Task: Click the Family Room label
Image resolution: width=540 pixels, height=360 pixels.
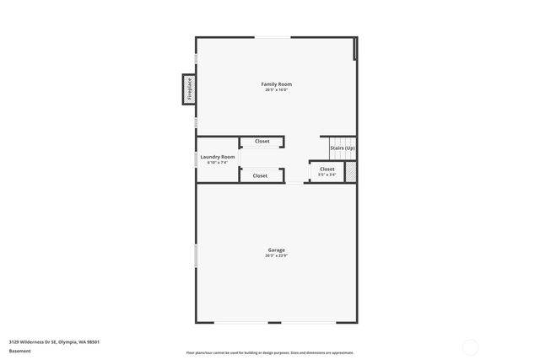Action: coord(277,84)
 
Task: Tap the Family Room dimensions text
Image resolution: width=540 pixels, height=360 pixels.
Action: coord(277,90)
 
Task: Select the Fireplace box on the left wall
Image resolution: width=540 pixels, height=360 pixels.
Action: coord(188,89)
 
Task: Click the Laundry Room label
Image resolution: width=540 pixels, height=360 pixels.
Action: coord(216,157)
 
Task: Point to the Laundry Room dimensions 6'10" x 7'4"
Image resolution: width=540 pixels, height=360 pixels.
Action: coord(216,163)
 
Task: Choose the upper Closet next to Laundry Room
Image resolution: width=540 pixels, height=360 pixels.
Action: coord(262,142)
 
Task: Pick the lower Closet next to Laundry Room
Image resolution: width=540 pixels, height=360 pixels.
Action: coord(260,175)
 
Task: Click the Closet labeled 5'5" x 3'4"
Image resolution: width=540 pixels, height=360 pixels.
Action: coord(327,172)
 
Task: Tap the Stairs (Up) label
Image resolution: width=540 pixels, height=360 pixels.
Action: coord(343,148)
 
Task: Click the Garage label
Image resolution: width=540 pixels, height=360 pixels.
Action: coord(277,250)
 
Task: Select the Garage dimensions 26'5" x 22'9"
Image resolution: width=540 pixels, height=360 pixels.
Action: coord(277,255)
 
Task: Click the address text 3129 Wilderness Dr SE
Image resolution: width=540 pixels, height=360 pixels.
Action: coord(55,341)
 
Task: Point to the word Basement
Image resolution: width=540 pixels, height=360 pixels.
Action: coord(20,350)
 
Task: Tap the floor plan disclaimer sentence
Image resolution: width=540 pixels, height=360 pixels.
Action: coord(270,352)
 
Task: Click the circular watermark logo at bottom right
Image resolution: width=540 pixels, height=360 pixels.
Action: coord(470,346)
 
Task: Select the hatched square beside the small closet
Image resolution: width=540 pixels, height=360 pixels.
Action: coord(350,172)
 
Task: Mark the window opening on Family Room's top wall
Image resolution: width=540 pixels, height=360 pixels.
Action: coord(273,37)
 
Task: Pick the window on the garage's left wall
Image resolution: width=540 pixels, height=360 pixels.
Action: coord(197,253)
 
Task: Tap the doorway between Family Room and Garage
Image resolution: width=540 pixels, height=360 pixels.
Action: coord(294,183)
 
